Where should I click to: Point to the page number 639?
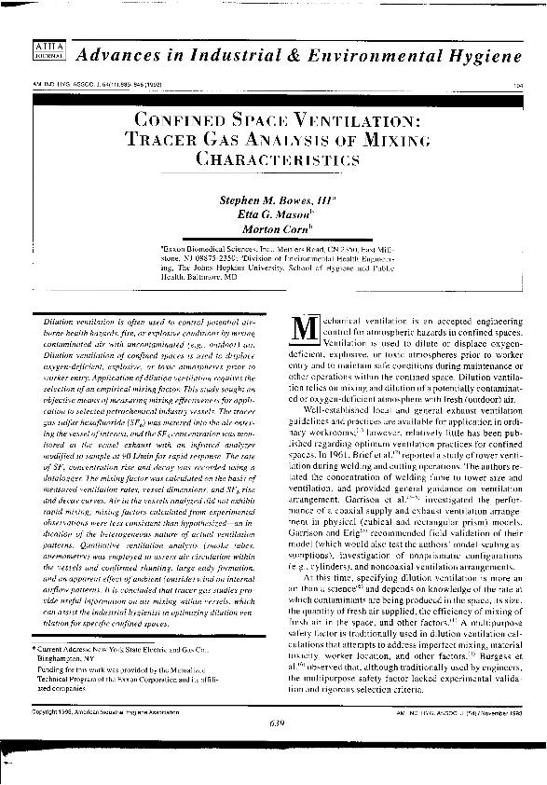point(274,749)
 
